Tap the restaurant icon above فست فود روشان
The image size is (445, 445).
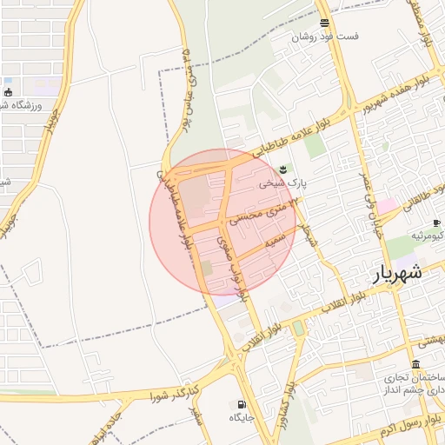(x=324, y=23)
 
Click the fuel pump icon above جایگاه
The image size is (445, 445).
(x=241, y=404)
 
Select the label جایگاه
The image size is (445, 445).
(x=241, y=418)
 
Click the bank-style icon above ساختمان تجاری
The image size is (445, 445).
(x=416, y=363)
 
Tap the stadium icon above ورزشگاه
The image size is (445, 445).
(x=9, y=92)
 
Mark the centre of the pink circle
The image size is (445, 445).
(x=222, y=222)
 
